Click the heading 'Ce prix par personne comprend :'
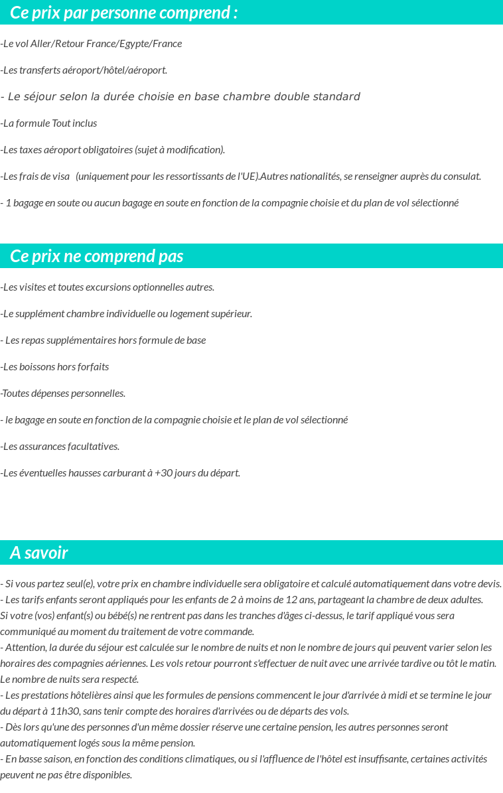pyautogui.click(x=123, y=13)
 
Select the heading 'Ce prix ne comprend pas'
pyautogui.click(x=96, y=256)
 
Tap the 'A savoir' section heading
pyautogui.click(x=38, y=553)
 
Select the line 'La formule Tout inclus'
pyautogui.click(x=49, y=123)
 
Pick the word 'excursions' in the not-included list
pyautogui.click(x=108, y=287)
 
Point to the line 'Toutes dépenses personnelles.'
pyautogui.click(x=63, y=394)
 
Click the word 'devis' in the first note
pyautogui.click(x=488, y=584)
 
